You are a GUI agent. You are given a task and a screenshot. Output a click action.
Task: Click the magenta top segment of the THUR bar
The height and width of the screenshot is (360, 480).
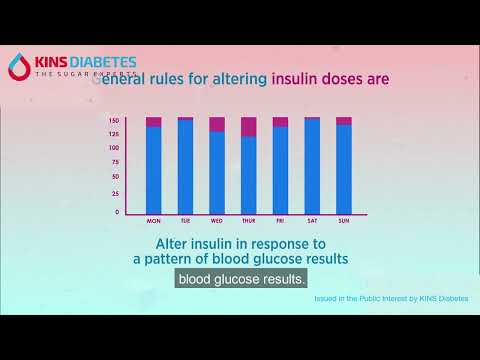point(248,127)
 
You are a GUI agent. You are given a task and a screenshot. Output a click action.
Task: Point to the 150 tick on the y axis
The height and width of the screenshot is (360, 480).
point(114,120)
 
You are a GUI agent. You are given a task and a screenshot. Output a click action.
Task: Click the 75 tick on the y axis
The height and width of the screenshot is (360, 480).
point(115,165)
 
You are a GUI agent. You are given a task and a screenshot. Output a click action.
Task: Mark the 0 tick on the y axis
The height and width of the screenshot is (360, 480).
point(116,212)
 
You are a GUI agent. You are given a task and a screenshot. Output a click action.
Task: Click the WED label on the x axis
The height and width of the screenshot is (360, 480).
point(217,221)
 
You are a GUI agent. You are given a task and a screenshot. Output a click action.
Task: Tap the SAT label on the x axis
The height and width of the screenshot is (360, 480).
point(312,221)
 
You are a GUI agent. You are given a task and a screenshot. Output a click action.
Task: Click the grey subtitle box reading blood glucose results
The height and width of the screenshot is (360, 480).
point(241,279)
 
